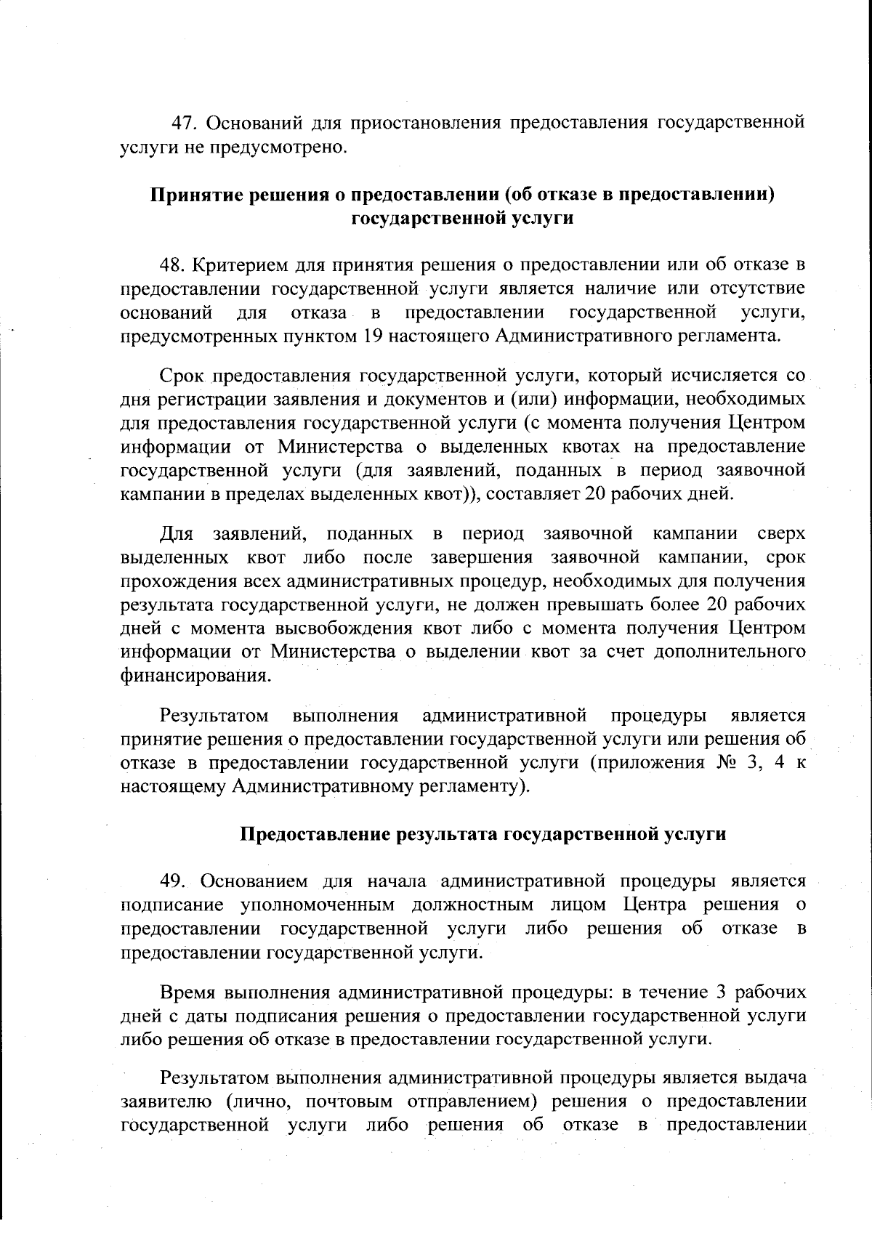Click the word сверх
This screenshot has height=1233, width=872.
pyautogui.click(x=781, y=534)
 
